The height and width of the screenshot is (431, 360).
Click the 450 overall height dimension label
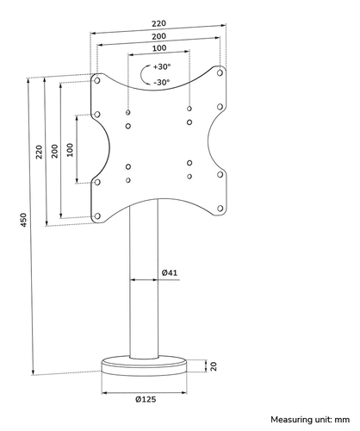click(24, 220)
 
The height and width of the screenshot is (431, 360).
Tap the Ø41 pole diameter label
click(170, 272)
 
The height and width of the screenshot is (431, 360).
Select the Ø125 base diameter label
click(146, 399)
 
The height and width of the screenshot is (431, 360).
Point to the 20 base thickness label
click(214, 366)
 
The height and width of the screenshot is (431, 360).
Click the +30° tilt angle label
click(162, 66)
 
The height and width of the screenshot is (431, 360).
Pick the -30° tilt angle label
click(162, 83)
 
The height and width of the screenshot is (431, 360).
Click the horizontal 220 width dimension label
click(158, 23)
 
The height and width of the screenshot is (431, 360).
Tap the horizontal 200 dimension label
click(158, 36)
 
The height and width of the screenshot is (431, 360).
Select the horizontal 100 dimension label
click(159, 48)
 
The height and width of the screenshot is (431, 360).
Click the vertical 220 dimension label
click(39, 152)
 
